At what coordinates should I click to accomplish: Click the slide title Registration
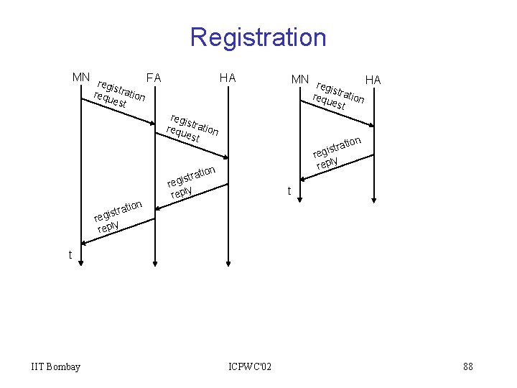[258, 37]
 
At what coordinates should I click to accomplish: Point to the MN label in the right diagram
[300, 78]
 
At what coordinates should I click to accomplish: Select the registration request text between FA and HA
[192, 127]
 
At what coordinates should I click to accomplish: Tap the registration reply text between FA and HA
[192, 183]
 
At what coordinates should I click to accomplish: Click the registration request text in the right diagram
[339, 96]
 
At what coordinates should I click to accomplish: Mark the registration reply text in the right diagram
[336, 152]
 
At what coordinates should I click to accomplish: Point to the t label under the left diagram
[70, 254]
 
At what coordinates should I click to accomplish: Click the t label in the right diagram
[289, 191]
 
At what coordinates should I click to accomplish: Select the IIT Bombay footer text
[56, 367]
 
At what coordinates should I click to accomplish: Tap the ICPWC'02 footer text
[250, 367]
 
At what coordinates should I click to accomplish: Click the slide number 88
[468, 367]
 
